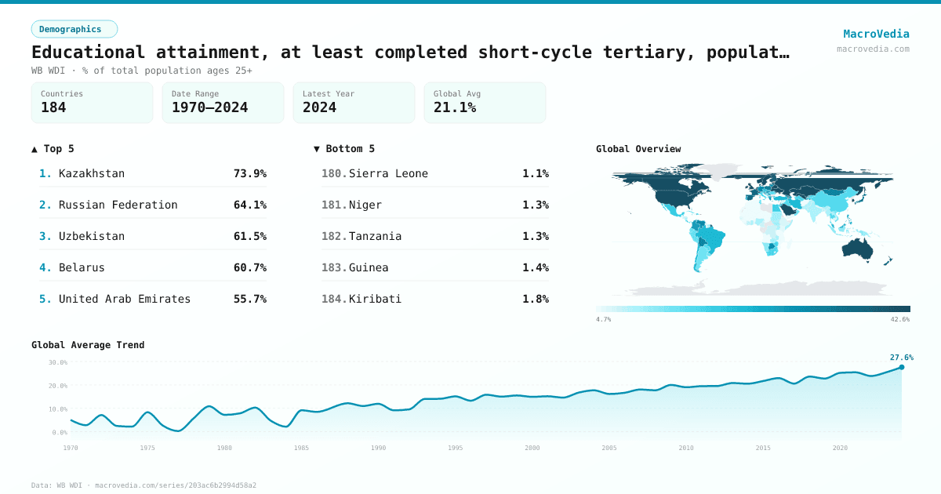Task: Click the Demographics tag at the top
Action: (74, 29)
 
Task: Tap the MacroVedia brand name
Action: (876, 34)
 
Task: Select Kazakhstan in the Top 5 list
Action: (91, 173)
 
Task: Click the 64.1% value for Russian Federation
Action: (249, 205)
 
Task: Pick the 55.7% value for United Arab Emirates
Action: (249, 299)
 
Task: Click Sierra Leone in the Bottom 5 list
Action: (388, 173)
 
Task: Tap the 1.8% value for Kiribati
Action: (536, 299)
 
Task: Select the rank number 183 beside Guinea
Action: (334, 267)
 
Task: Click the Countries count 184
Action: (53, 107)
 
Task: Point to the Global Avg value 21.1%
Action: (455, 107)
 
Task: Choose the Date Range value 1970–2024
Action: (209, 107)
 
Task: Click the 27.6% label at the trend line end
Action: (901, 358)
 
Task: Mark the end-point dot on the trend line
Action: (901, 367)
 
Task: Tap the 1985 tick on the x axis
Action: (301, 448)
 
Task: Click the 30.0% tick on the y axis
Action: (58, 362)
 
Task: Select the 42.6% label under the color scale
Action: (899, 319)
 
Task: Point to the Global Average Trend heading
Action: (88, 345)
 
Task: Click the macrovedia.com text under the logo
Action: (873, 49)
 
